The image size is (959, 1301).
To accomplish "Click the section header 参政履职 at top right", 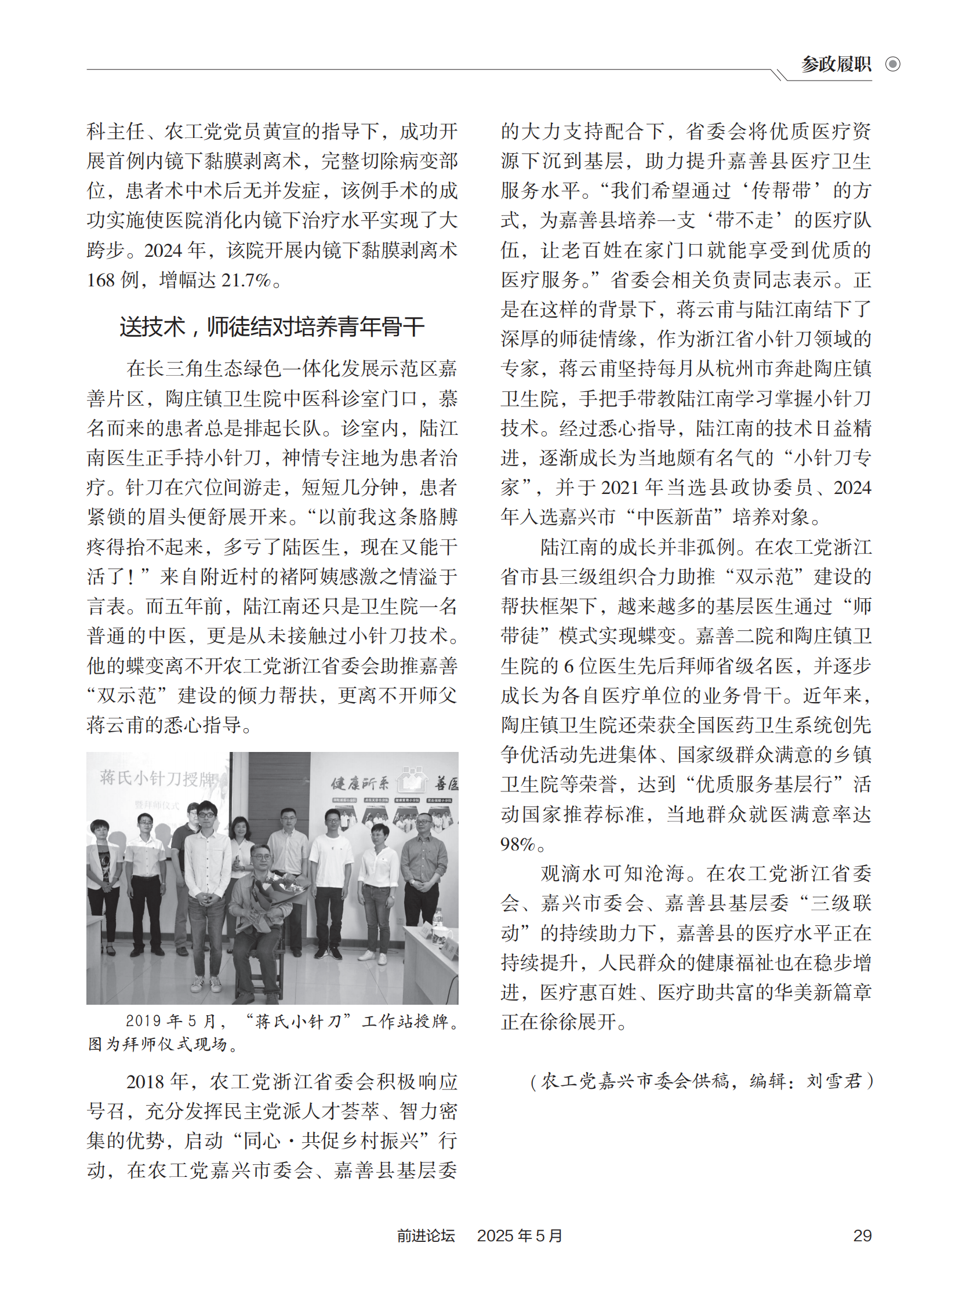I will [836, 64].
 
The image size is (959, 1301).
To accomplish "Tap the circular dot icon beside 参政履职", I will [893, 64].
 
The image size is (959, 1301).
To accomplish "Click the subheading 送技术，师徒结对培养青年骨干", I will [272, 327].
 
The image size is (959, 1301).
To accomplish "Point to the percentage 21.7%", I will [247, 281].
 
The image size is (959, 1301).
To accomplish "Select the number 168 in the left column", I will [101, 281].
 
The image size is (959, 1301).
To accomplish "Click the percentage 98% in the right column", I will [517, 844].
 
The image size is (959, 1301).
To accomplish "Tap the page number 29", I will [862, 1235].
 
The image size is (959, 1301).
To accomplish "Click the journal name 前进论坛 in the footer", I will [426, 1235].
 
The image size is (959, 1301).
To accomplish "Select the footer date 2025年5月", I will [520, 1235].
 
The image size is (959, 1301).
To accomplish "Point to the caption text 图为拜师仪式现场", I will [158, 1044].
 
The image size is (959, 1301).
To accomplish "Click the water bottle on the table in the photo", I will [438, 918].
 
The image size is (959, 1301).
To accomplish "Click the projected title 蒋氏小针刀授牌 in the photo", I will [157, 778].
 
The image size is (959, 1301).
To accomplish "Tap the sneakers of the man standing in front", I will [206, 982].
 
